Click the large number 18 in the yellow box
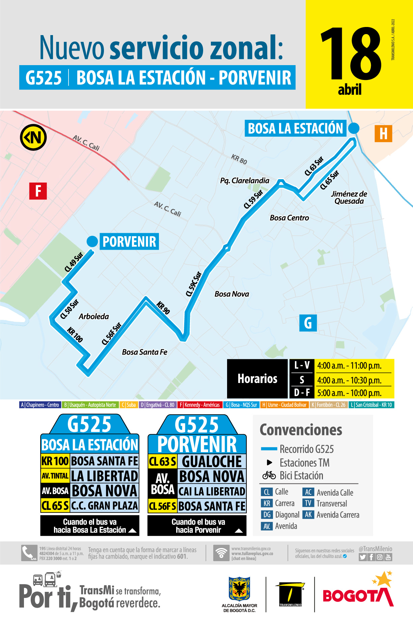click(x=351, y=54)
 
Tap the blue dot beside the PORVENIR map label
click(x=92, y=242)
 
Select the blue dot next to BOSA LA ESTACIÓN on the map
click(x=354, y=128)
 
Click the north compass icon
click(x=33, y=138)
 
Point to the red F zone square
click(x=38, y=191)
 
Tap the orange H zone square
click(x=383, y=134)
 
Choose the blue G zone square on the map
click(x=308, y=323)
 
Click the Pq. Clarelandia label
click(x=245, y=181)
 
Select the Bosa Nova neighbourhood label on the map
click(x=232, y=294)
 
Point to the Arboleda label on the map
click(x=94, y=317)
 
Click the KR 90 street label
click(x=163, y=308)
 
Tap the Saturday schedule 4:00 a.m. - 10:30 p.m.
click(x=349, y=380)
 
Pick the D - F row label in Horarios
click(x=302, y=393)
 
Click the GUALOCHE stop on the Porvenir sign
click(x=212, y=462)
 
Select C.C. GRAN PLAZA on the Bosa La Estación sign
click(x=105, y=506)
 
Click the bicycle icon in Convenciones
click(x=269, y=475)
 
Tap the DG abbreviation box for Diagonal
click(x=267, y=515)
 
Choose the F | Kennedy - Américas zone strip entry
click(x=199, y=405)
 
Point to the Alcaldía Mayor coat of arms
click(x=239, y=589)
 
